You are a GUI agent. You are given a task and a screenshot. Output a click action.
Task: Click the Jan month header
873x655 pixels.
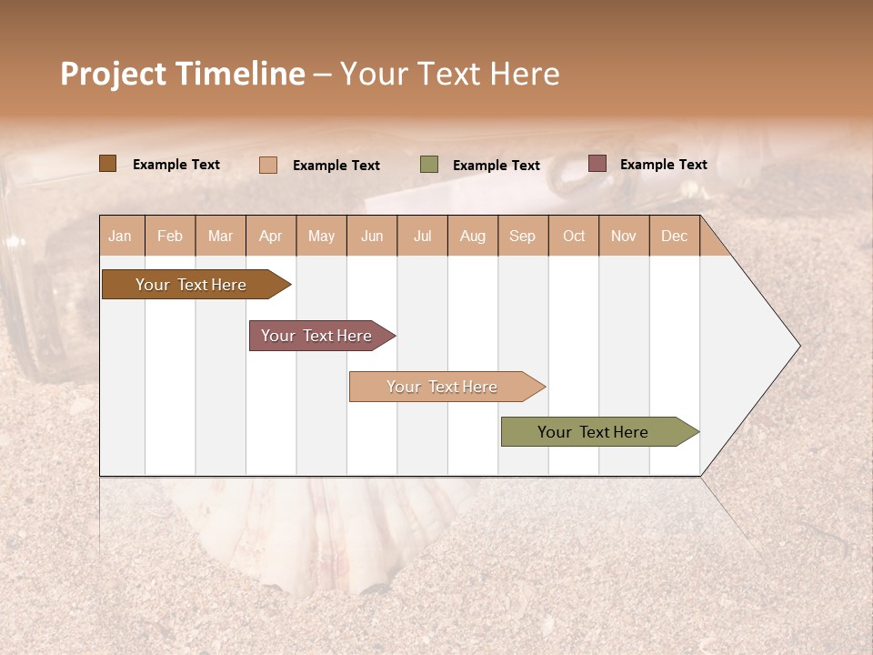pos(121,236)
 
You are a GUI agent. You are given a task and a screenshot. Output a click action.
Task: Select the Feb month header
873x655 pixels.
pos(170,236)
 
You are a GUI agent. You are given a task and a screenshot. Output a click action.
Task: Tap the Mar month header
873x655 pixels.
pos(220,236)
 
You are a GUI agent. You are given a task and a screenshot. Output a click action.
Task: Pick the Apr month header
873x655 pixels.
pos(271,236)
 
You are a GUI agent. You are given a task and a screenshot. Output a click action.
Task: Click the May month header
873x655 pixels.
pos(321,236)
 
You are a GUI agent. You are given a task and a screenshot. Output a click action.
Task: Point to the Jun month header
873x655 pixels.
pos(372,236)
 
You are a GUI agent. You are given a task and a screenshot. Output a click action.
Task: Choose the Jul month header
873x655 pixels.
pos(422,236)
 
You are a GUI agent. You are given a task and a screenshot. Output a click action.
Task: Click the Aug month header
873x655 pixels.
pos(473,236)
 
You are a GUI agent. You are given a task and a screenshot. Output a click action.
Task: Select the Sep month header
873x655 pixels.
pos(523,236)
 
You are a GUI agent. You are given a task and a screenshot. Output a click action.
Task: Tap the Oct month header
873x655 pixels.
pos(574,236)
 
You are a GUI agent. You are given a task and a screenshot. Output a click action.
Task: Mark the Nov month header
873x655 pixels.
pos(624,236)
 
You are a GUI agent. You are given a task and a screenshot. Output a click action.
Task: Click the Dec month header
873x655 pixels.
pos(675,236)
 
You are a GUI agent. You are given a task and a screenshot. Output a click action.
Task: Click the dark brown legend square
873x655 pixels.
pos(107,164)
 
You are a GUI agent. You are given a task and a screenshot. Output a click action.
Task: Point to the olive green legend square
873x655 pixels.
pos(429,165)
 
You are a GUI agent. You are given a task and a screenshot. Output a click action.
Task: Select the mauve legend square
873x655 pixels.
pos(597,164)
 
